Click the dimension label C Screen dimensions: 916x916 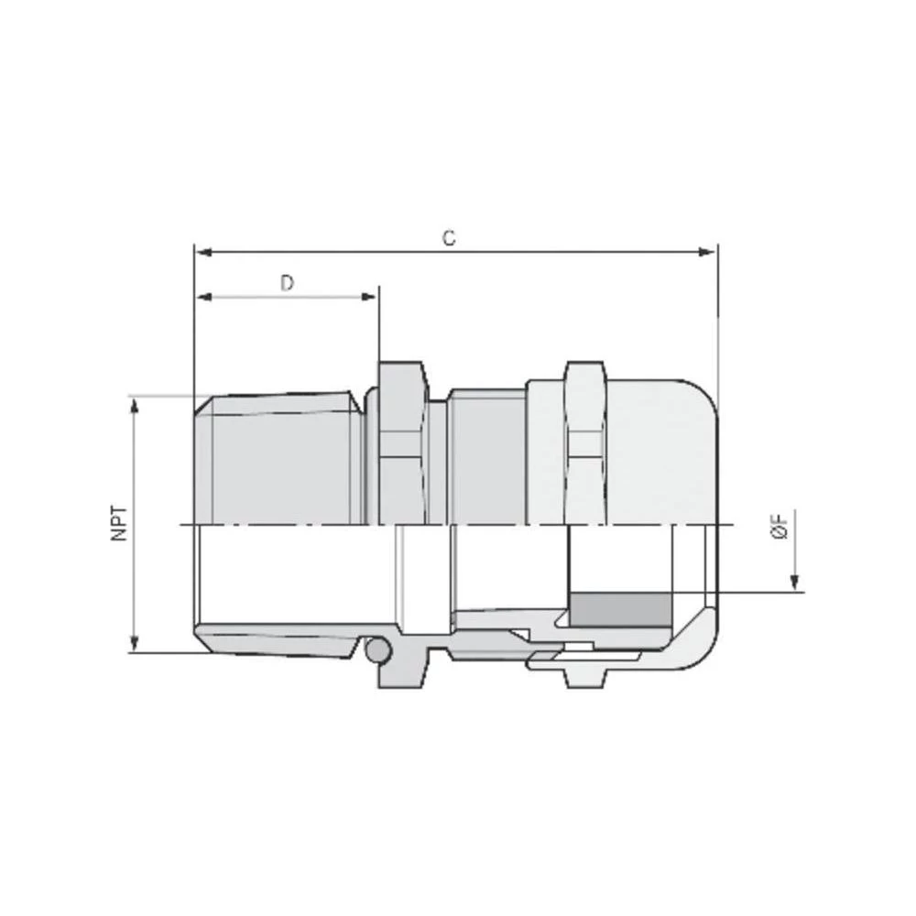448,238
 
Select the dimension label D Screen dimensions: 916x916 287,283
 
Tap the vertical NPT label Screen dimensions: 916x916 119,523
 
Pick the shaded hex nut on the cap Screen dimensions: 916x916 585,444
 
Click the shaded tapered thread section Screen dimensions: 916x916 279,458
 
